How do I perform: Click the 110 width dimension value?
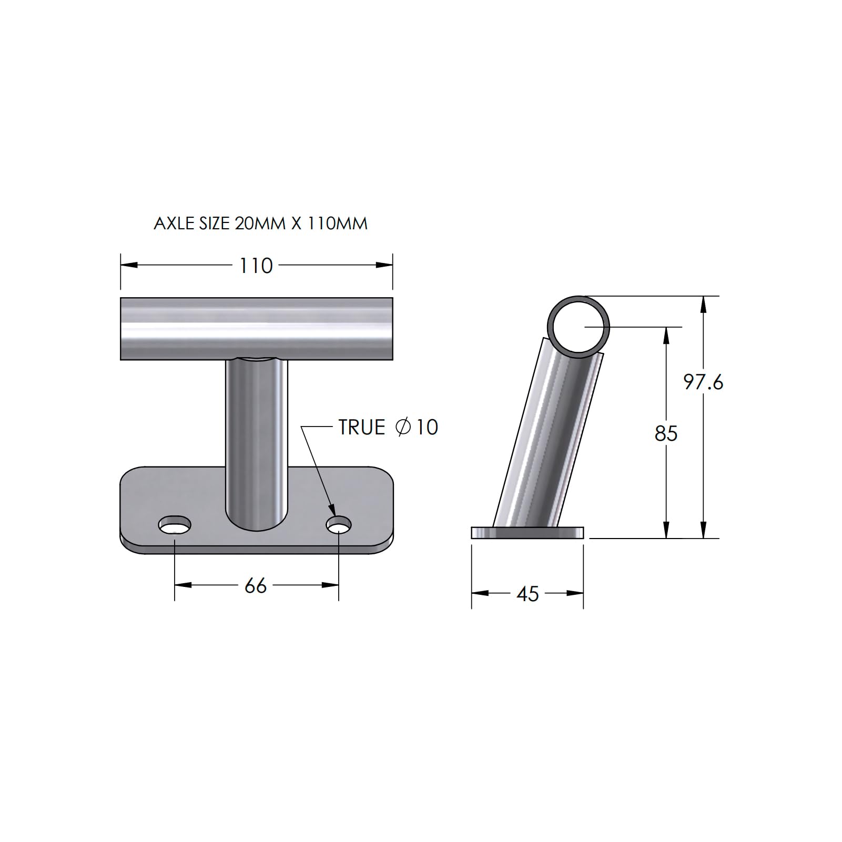[x=256, y=266]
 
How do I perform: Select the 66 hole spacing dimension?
[x=256, y=586]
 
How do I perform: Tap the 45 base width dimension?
[x=527, y=594]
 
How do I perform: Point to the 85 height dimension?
[x=666, y=434]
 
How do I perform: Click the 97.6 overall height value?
[x=703, y=382]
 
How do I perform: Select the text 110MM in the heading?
[x=337, y=224]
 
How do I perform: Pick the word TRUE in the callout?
[x=362, y=428]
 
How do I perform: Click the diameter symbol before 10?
[x=402, y=427]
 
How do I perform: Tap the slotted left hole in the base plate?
[x=175, y=524]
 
